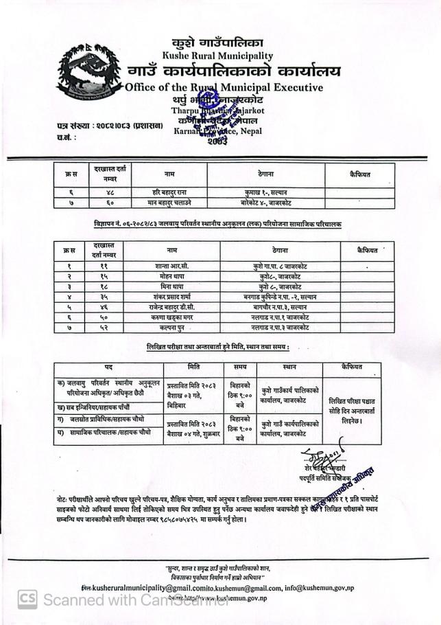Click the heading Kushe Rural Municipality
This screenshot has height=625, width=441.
tap(217, 56)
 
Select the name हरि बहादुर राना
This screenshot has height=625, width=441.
tap(169, 192)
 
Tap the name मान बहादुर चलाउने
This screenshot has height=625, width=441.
tap(169, 203)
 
